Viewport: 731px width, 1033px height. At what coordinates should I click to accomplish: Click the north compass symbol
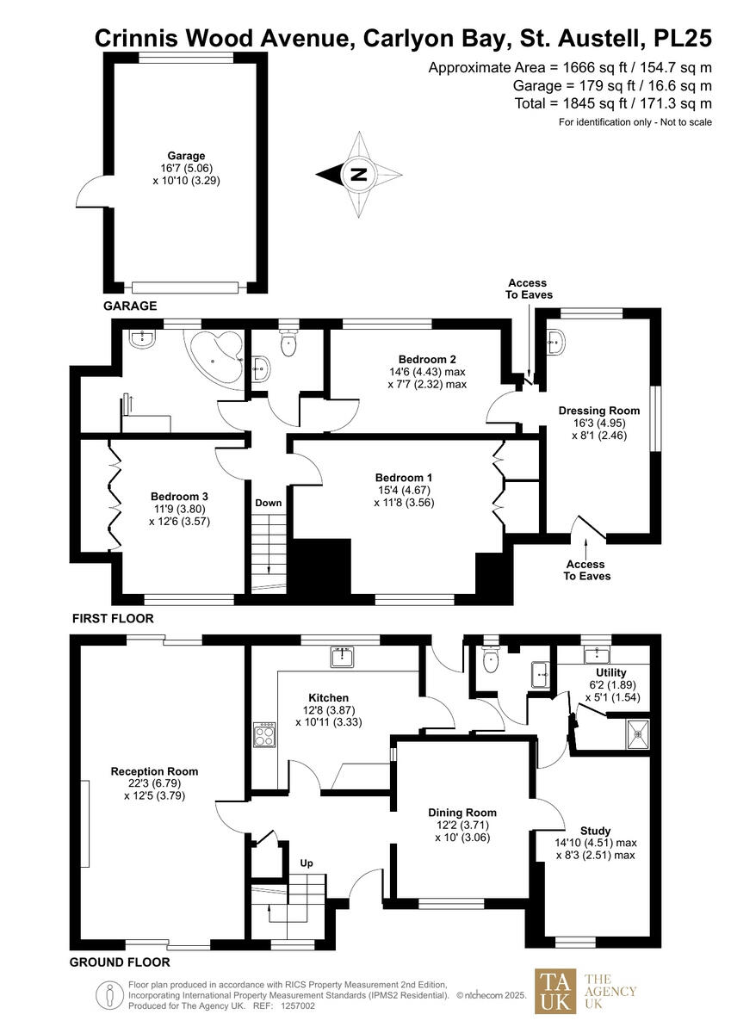359,175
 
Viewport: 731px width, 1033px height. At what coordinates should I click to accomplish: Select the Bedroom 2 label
427,359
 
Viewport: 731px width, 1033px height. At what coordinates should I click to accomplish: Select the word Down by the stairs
269,503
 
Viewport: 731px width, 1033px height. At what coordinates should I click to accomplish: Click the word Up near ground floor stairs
306,862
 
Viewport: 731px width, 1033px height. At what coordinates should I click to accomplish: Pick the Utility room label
610,672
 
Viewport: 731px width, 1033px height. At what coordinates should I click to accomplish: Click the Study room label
594,830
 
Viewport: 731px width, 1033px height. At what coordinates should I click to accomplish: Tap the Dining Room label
462,813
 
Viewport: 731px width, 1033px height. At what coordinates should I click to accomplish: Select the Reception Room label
155,771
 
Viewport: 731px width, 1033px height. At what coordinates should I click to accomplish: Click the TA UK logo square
554,992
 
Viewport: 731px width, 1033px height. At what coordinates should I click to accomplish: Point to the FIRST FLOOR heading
113,619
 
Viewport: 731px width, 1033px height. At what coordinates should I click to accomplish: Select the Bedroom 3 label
179,497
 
